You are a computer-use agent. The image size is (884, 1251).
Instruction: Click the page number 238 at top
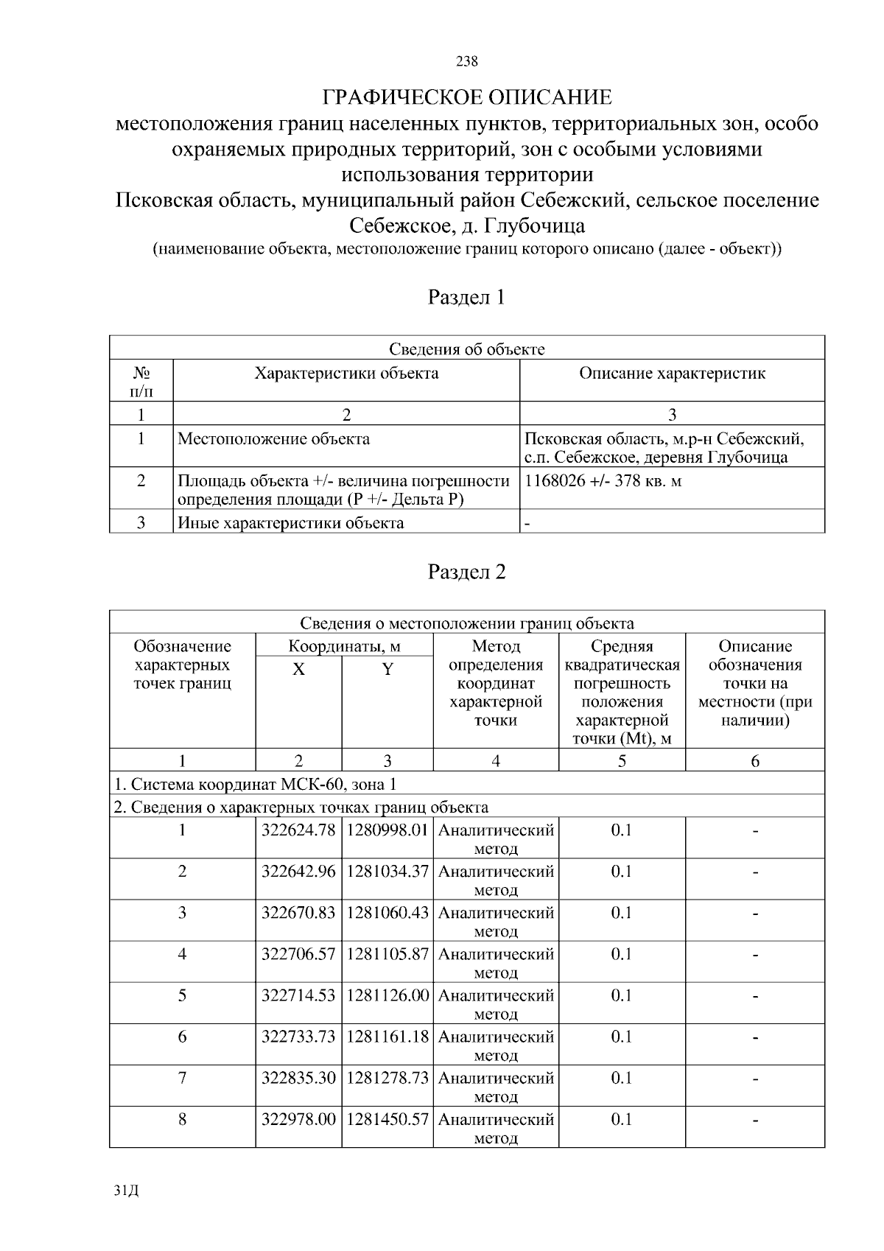click(x=467, y=62)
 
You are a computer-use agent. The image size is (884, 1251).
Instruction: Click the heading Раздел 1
click(x=467, y=298)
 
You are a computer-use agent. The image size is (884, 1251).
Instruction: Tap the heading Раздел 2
click(x=467, y=572)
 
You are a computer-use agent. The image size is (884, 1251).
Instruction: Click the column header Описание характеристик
click(x=672, y=374)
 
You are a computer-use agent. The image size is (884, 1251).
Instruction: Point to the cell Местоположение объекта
click(x=274, y=440)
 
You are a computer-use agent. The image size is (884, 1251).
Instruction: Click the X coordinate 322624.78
click(x=298, y=830)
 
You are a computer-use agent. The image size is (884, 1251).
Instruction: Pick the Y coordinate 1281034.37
click(x=387, y=872)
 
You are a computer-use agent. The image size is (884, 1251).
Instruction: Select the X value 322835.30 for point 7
click(x=298, y=1078)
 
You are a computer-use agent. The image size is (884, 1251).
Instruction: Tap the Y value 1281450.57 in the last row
click(x=387, y=1119)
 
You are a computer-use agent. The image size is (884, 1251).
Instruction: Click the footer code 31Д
click(x=126, y=1191)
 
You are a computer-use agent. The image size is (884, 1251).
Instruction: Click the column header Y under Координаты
click(x=387, y=669)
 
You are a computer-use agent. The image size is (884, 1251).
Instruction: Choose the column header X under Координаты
click(x=298, y=669)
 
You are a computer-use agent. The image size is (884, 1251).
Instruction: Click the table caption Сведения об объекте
click(x=467, y=349)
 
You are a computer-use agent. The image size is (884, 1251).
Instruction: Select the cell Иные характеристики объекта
click(x=291, y=523)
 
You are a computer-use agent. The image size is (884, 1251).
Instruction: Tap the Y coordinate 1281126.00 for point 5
click(x=387, y=995)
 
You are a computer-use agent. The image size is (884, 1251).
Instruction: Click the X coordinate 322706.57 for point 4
click(x=298, y=954)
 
